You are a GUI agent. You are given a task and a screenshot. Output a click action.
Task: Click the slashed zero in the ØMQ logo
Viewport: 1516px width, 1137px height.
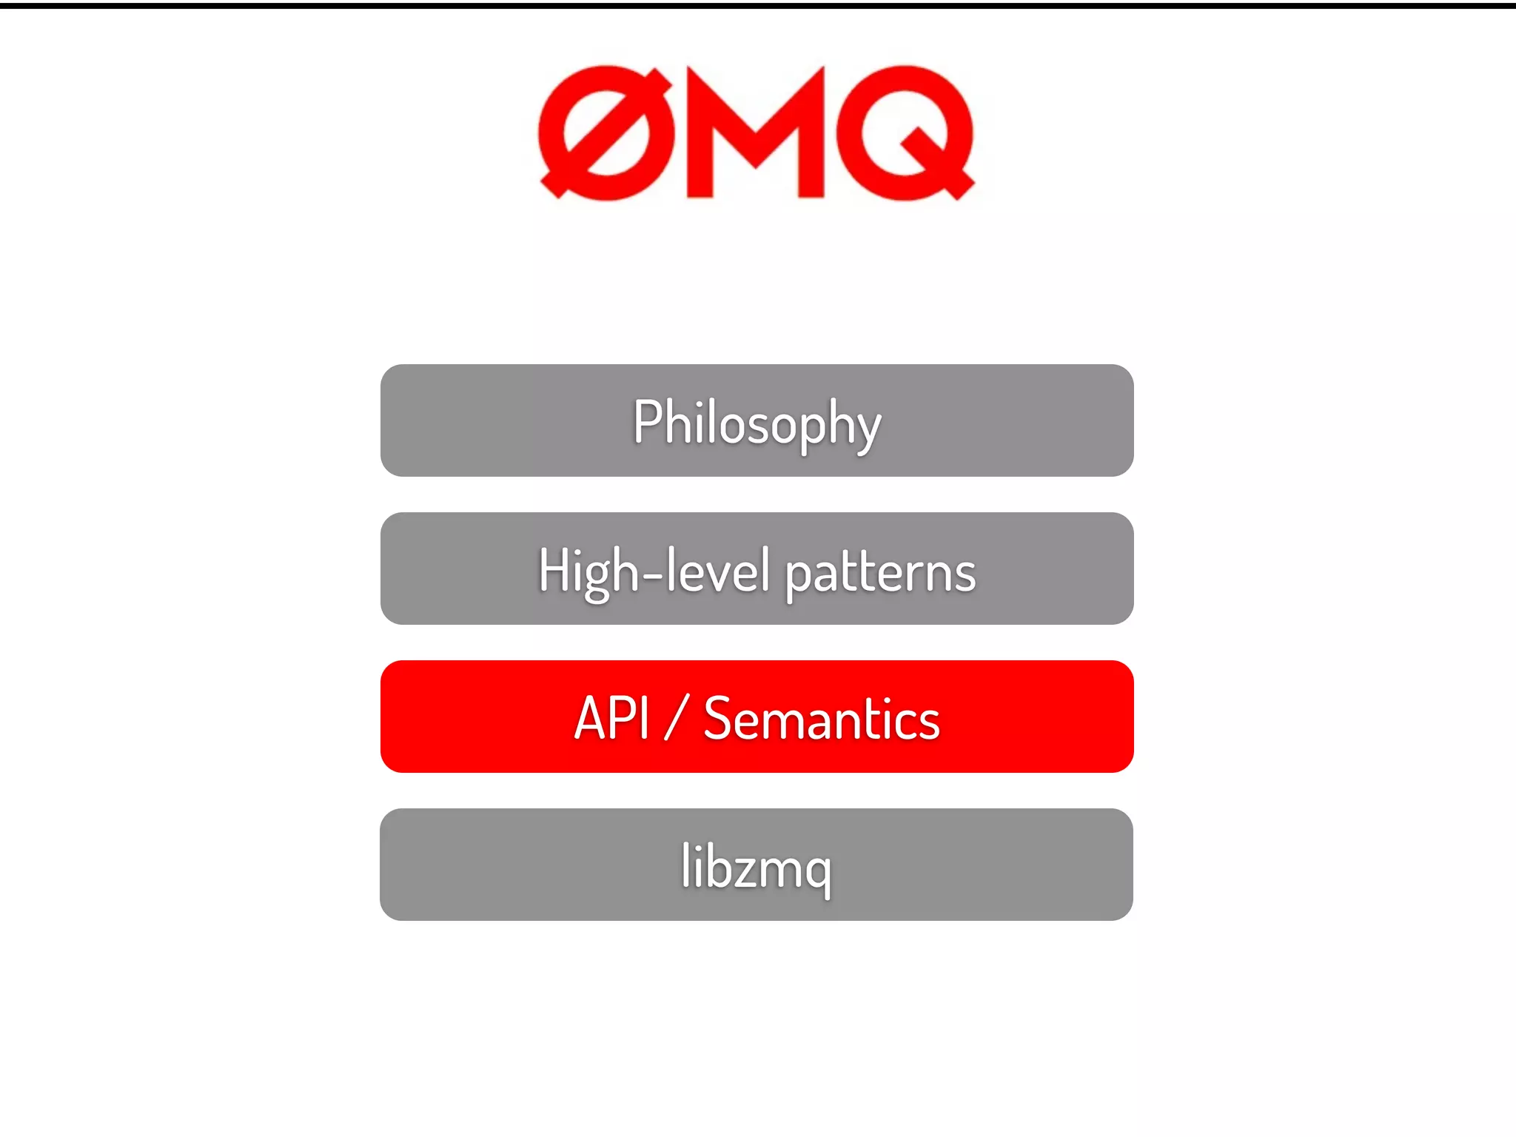click(606, 133)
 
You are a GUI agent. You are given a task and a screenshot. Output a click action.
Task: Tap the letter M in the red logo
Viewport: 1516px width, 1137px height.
click(755, 133)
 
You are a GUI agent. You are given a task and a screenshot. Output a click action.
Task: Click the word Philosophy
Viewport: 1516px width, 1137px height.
click(757, 423)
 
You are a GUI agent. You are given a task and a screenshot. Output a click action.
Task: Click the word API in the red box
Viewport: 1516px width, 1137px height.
click(611, 718)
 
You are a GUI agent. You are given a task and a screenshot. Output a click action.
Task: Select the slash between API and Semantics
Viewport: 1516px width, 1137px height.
click(676, 718)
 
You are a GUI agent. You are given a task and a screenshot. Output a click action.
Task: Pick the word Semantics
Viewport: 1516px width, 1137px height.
click(821, 719)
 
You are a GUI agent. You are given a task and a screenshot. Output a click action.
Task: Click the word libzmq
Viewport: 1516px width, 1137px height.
click(757, 867)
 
